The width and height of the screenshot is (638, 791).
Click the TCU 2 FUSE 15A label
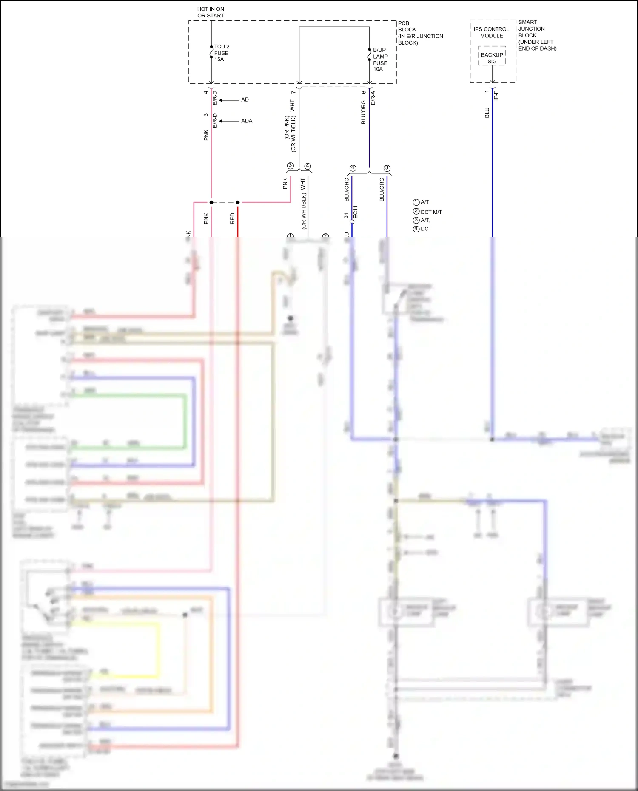pyautogui.click(x=221, y=53)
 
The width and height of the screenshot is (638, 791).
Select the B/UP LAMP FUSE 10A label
pyautogui.click(x=380, y=60)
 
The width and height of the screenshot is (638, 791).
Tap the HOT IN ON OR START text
pyautogui.click(x=211, y=12)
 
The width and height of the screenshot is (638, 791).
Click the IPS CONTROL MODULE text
pyautogui.click(x=491, y=32)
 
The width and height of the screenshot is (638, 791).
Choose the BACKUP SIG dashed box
pyautogui.click(x=492, y=56)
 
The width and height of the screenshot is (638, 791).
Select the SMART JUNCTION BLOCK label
pyautogui.click(x=537, y=35)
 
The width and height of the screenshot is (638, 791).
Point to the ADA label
pyautogui.click(x=247, y=121)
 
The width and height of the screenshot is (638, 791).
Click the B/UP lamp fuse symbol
pyautogui.click(x=369, y=55)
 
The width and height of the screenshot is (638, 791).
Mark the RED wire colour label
pyautogui.click(x=232, y=218)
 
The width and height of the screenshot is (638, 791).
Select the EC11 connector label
pyautogui.click(x=356, y=212)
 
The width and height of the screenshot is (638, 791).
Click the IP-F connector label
pyautogui.click(x=496, y=96)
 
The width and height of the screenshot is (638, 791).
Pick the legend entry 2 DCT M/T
pyautogui.click(x=427, y=212)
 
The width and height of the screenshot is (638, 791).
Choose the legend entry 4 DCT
pyautogui.click(x=422, y=229)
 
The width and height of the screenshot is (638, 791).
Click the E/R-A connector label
pyautogui.click(x=373, y=97)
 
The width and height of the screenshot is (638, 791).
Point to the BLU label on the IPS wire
pyautogui.click(x=487, y=113)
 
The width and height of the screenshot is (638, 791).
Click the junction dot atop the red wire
pyautogui.click(x=238, y=202)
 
